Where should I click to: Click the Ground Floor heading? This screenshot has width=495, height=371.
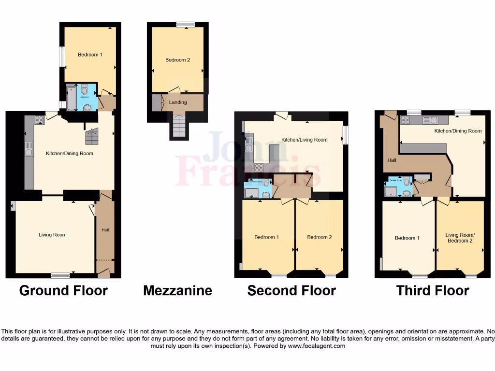(63, 290)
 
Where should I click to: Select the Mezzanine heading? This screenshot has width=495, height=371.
(177, 290)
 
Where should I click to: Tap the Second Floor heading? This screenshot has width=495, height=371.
(291, 290)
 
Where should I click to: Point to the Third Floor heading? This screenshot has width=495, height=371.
(433, 290)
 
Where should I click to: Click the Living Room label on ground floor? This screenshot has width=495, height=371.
(53, 235)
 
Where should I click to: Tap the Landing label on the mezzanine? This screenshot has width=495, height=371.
(177, 102)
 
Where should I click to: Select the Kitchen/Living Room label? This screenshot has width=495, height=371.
(305, 140)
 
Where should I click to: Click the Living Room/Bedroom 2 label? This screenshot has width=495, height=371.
(460, 238)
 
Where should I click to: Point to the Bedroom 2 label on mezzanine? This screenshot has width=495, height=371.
(177, 60)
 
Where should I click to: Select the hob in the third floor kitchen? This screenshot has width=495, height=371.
(405, 120)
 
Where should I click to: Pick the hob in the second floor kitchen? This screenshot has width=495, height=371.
(259, 168)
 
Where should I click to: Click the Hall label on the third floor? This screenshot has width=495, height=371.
(392, 160)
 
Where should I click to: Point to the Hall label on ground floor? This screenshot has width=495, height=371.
(105, 230)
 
